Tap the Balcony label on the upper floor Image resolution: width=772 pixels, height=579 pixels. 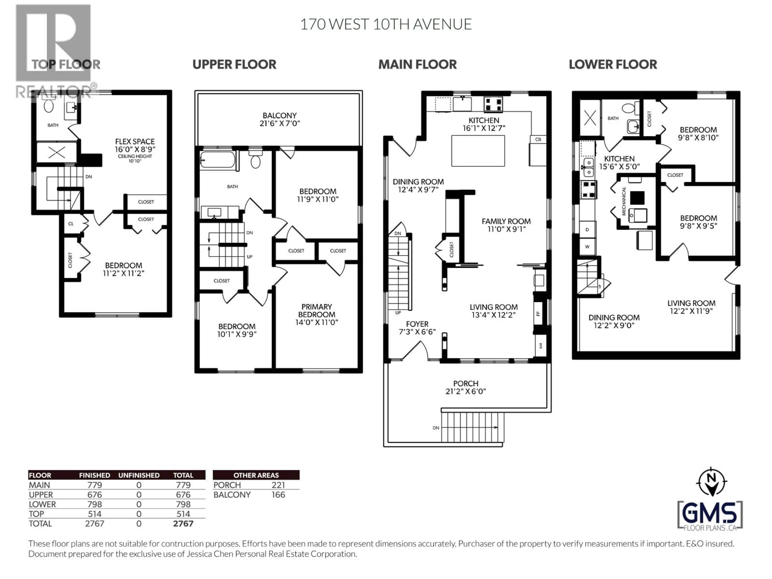(280, 119)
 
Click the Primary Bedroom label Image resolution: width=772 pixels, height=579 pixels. (317, 314)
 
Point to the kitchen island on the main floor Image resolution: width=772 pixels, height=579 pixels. (478, 151)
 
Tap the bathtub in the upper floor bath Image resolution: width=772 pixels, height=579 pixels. (218, 160)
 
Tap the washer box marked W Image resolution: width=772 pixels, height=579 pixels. (587, 247)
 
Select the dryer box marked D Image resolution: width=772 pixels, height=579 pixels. (587, 230)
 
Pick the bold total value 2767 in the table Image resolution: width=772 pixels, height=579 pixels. (183, 524)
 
